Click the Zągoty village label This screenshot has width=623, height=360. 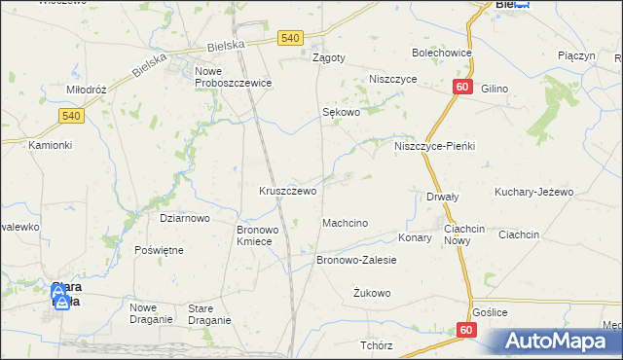coord(328,57)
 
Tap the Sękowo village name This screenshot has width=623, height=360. coord(342,112)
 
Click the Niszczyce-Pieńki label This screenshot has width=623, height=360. coord(434,146)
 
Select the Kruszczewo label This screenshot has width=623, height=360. coord(287,191)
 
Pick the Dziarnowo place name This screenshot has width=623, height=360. coord(185,218)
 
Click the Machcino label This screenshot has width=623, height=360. coord(345,223)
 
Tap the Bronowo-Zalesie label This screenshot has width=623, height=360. coord(357,261)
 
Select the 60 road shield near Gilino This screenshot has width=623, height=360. coord(461,88)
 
